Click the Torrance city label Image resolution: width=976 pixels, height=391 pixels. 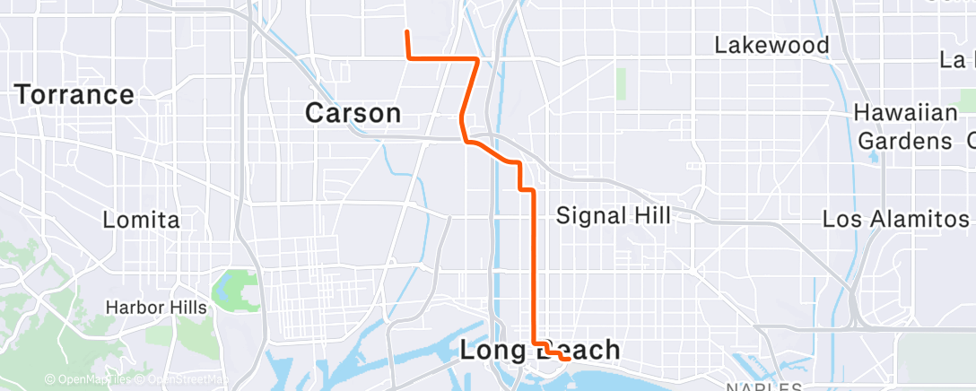74,94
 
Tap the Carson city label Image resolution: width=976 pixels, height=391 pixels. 353,113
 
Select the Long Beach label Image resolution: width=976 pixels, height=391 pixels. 539,350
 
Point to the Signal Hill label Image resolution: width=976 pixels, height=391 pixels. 614,215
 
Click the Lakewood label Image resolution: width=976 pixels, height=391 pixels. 771,45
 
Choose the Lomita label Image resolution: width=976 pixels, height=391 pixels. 141,220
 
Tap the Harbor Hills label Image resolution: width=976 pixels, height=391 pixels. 156,308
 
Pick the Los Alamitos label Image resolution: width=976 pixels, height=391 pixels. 895,218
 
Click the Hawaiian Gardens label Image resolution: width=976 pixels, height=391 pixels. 905,126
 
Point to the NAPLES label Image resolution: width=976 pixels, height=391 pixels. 762,387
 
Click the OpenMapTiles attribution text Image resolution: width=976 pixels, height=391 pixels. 93,380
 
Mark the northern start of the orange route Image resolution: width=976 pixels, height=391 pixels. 407,32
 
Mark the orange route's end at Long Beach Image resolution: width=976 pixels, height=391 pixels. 569,359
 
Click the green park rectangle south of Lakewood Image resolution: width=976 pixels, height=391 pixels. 621,83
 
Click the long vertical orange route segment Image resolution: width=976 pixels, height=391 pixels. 535,269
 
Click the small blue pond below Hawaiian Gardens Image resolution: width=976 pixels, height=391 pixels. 874,157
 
